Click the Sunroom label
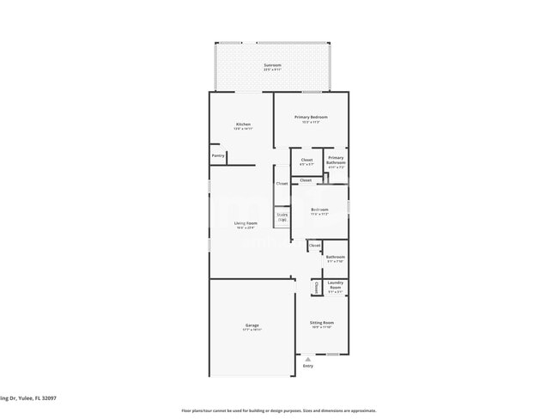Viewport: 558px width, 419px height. [271, 65]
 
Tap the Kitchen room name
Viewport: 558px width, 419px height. [244, 124]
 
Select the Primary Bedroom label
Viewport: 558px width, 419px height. [311, 117]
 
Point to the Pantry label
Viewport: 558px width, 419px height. [217, 155]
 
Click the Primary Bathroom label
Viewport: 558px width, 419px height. [336, 160]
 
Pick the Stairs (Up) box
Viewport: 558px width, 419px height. [282, 218]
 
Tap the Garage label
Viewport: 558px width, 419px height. [252, 325]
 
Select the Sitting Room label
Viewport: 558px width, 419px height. [322, 323]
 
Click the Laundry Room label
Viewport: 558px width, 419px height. [335, 285]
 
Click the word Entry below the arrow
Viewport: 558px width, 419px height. [308, 366]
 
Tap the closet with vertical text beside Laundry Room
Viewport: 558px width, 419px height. [316, 287]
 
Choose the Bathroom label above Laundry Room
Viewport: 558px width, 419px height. [335, 257]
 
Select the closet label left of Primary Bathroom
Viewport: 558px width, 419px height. [306, 160]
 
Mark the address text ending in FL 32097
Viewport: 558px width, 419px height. [31, 398]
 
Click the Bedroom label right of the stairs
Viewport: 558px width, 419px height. [319, 209]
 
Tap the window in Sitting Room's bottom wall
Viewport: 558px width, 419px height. [332, 354]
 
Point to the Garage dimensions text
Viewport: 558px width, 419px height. [252, 330]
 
